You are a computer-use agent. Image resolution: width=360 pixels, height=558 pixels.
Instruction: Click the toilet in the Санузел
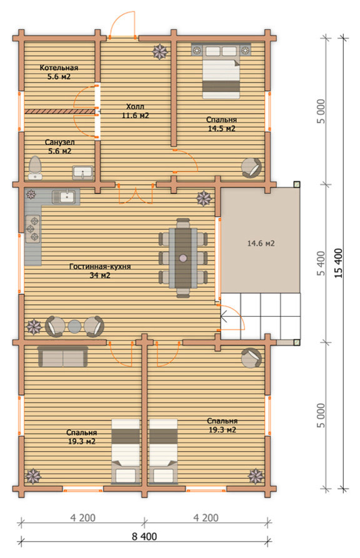click(35, 167)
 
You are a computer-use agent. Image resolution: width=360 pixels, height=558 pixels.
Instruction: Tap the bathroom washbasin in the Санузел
click(83, 172)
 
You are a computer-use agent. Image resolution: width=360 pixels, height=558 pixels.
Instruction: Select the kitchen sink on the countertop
click(64, 197)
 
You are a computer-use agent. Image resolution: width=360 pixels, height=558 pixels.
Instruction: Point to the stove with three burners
click(32, 229)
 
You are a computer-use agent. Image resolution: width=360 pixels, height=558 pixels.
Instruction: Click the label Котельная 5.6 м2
click(59, 72)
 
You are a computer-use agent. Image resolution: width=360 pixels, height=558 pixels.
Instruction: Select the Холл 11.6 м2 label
click(135, 111)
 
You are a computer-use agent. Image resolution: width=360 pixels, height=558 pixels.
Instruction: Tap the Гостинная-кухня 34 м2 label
click(100, 271)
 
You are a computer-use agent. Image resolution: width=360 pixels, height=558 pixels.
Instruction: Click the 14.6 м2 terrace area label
click(261, 244)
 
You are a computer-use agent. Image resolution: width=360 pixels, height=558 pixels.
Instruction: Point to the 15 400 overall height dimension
click(338, 263)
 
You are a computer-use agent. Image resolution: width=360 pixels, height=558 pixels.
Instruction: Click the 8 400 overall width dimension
click(144, 536)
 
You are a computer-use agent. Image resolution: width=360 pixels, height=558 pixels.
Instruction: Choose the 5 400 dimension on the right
click(321, 263)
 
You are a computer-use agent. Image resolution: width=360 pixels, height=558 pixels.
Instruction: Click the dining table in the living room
click(183, 257)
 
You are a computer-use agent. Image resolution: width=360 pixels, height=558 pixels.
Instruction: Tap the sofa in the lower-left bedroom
click(62, 357)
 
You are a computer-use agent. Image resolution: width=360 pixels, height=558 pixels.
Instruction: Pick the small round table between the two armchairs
click(74, 326)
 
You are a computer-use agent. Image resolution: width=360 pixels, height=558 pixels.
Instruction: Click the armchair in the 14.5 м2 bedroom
click(251, 167)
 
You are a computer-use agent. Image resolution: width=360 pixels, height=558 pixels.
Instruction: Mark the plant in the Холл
click(160, 52)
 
